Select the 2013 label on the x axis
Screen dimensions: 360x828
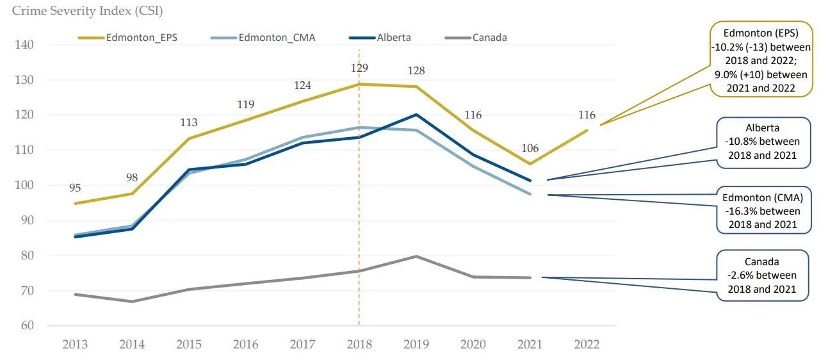click(x=76, y=345)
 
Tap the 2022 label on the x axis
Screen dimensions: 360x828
click(x=586, y=345)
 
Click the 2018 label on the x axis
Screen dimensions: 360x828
click(x=359, y=345)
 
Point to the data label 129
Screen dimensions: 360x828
click(x=359, y=67)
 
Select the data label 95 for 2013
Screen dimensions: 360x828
click(x=76, y=188)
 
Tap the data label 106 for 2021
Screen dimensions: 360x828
click(x=530, y=149)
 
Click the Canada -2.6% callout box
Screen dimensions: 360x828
click(x=762, y=275)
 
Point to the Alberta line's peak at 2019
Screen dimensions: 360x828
click(x=416, y=115)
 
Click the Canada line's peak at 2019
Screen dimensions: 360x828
click(x=416, y=256)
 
